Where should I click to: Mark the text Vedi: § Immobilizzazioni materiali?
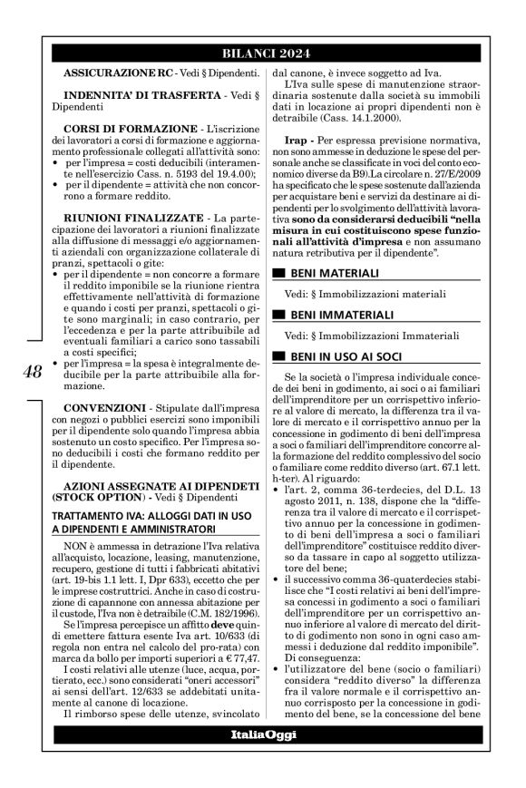coord(364,295)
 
